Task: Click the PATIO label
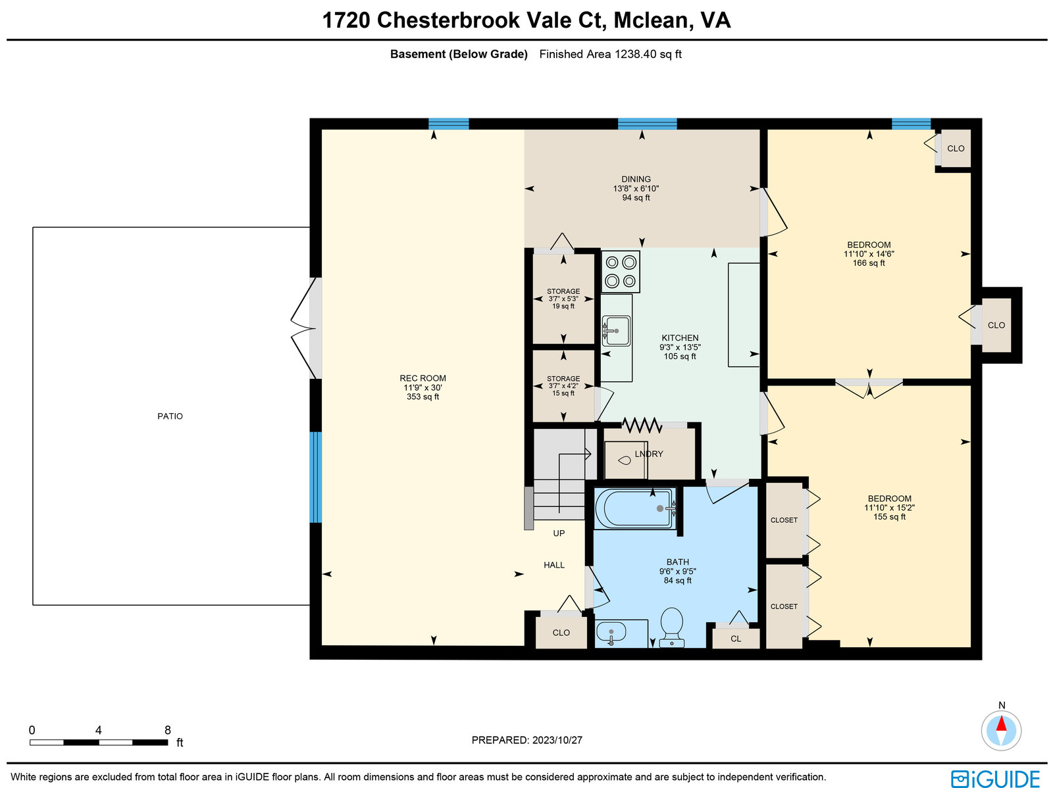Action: [x=170, y=416]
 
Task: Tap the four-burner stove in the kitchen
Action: [x=621, y=271]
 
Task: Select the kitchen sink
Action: [x=616, y=330]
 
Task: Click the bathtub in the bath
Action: [x=634, y=508]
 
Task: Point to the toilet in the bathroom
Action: [x=672, y=627]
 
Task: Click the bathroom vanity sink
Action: [x=611, y=633]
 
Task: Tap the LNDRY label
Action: [x=649, y=454]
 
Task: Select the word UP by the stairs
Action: [x=559, y=533]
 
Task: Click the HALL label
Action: [x=553, y=565]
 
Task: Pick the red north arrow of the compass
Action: [x=1001, y=724]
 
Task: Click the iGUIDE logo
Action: [x=995, y=778]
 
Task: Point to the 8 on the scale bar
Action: [x=167, y=730]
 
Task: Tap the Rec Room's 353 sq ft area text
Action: [x=423, y=397]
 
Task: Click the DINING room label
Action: [x=636, y=179]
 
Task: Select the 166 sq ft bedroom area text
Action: [x=869, y=263]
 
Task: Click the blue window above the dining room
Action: [x=647, y=124]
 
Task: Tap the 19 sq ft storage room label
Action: [x=563, y=306]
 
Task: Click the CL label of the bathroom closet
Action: [x=735, y=639]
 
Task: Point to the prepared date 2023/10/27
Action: [x=557, y=739]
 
